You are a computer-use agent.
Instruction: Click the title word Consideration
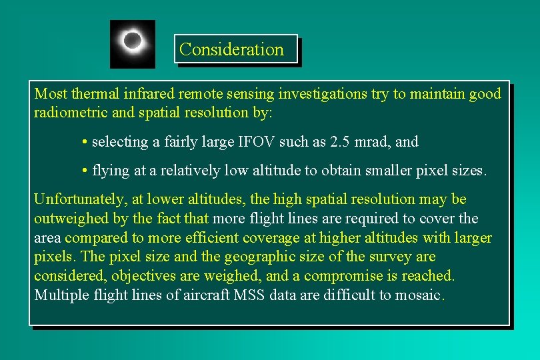(x=231, y=49)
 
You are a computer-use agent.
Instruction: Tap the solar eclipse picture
(x=133, y=44)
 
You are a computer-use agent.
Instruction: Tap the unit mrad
(x=374, y=142)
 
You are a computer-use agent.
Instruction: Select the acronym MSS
(x=250, y=295)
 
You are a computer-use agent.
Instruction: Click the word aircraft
(x=205, y=295)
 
